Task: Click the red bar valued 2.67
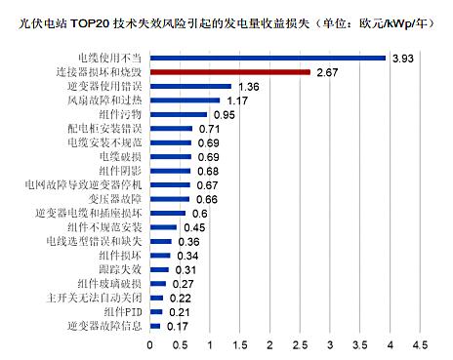229,72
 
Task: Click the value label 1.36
247,87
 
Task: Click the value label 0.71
209,129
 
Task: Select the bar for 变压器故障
170,199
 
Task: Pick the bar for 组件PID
156,312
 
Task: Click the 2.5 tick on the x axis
300,345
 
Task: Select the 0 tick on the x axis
150,345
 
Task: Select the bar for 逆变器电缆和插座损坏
168,214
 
